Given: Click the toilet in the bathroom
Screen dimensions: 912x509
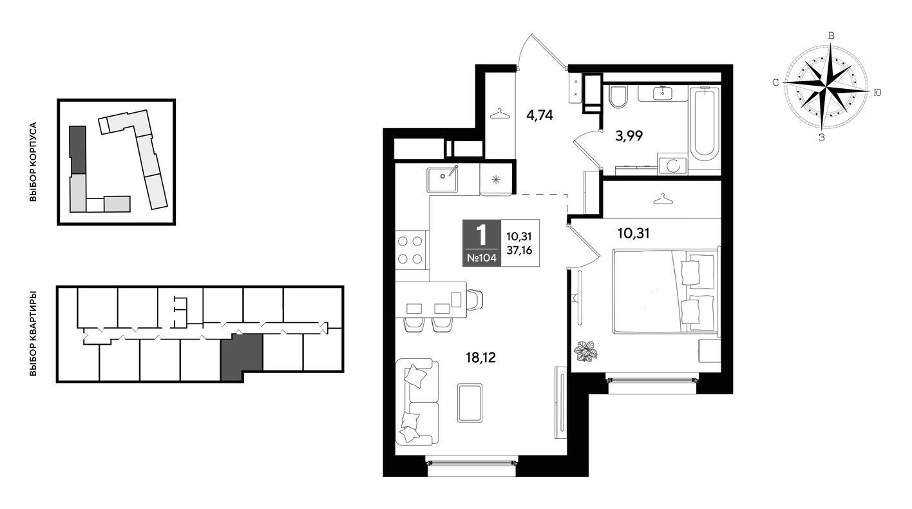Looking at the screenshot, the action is point(618,97).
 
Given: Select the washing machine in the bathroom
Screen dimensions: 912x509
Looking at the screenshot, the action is point(672,164).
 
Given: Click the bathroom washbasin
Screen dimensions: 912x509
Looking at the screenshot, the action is point(663,93).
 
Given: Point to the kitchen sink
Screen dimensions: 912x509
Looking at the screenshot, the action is point(442,180).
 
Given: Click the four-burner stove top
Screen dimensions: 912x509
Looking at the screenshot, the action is point(410,250).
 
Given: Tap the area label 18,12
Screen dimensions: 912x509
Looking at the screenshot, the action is point(481,358).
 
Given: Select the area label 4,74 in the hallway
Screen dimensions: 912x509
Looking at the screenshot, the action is point(540,115).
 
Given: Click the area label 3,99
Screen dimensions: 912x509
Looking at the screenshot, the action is point(629,136).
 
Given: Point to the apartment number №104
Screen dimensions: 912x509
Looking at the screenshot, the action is point(481,258).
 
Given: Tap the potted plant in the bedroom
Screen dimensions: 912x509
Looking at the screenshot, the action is point(585,351).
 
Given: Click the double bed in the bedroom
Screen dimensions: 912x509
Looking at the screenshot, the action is point(665,292).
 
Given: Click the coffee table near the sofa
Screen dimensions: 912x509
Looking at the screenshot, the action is point(470,403).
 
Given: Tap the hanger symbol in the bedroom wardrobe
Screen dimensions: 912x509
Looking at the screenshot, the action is point(663,198).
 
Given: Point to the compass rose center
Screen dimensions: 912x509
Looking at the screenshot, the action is point(826,87).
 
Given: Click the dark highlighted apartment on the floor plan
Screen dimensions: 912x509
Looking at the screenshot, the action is point(242,357).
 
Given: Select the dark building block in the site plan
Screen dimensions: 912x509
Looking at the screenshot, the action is point(77,150).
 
